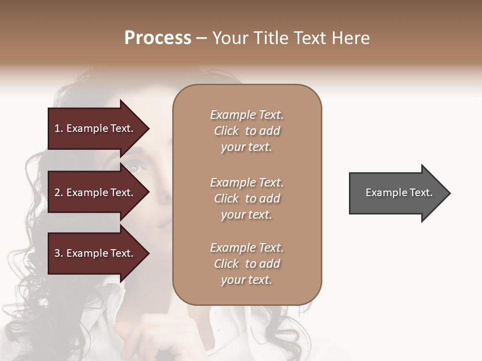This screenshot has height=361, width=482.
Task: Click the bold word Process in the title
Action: pos(158,38)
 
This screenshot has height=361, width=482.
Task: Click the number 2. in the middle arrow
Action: pos(59,193)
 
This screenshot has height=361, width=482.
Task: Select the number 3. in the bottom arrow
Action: pos(59,253)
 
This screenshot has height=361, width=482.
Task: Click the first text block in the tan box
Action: pos(247,131)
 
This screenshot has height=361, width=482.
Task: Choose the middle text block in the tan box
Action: pos(247,199)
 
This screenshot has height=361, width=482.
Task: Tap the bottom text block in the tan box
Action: pos(247,264)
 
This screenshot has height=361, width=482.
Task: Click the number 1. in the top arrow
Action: pos(58,128)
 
